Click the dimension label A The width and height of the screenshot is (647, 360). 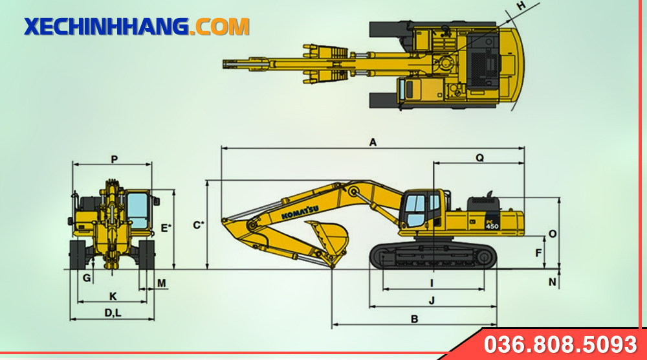[x=373, y=142]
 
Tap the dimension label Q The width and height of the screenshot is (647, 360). [x=479, y=158]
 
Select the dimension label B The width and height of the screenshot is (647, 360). [x=415, y=319]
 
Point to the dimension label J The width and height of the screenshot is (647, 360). [x=432, y=300]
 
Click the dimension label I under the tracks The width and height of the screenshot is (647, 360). [x=432, y=283]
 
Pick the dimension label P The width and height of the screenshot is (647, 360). [x=115, y=159]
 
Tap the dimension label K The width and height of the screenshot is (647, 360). [x=113, y=297]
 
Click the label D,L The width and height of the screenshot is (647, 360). [x=113, y=313]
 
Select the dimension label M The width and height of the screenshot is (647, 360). [x=162, y=283]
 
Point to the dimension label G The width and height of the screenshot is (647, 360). [x=87, y=278]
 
